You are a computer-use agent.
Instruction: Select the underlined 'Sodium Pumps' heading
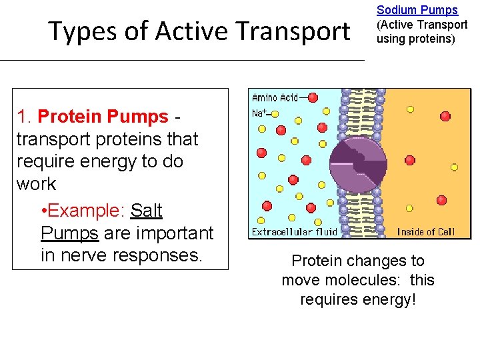[417, 10]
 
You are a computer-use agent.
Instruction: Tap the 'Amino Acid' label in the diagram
[274, 98]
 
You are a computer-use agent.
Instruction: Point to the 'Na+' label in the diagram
[259, 113]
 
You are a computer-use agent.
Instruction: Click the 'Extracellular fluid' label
[294, 232]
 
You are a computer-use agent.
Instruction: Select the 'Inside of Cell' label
[425, 232]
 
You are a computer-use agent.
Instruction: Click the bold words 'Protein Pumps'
[103, 117]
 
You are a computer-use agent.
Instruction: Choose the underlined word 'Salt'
[146, 211]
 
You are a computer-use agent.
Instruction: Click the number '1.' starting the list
[25, 117]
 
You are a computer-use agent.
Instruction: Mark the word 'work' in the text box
[36, 184]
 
